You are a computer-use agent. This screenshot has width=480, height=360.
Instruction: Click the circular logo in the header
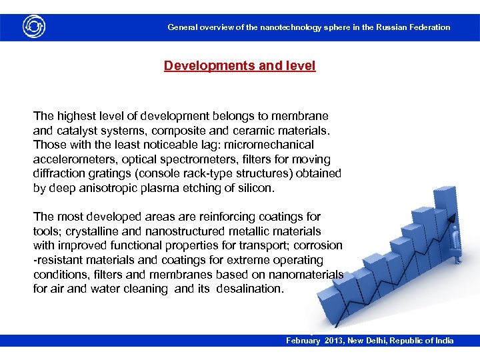click(x=33, y=27)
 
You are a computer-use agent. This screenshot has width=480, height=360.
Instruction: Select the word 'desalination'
click(x=250, y=289)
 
